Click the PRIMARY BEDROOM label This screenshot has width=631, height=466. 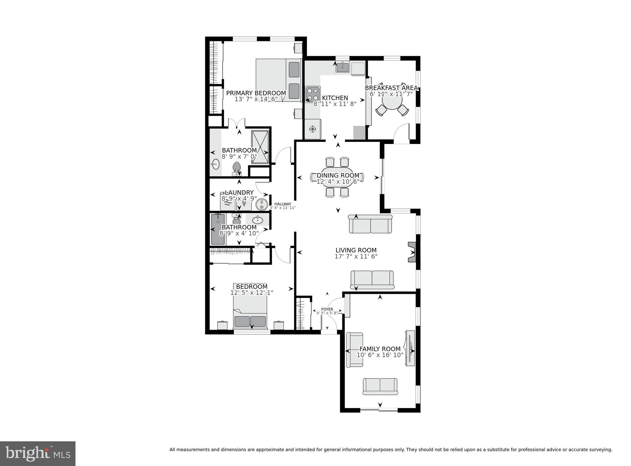click(x=256, y=93)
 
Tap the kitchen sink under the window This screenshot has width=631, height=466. click(x=342, y=67)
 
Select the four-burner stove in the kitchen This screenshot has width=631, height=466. click(x=312, y=94)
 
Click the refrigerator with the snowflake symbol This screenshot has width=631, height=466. click(x=313, y=129)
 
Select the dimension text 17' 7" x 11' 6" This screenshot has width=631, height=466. click(x=356, y=256)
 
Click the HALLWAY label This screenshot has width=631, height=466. click(x=283, y=204)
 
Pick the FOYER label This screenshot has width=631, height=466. click(x=327, y=309)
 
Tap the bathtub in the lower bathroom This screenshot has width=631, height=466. click(x=218, y=229)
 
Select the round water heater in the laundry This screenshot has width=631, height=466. click(x=262, y=204)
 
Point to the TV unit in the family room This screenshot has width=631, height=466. click(x=410, y=348)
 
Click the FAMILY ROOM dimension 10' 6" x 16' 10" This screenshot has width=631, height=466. click(x=380, y=355)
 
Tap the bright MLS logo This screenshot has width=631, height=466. click(x=38, y=453)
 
